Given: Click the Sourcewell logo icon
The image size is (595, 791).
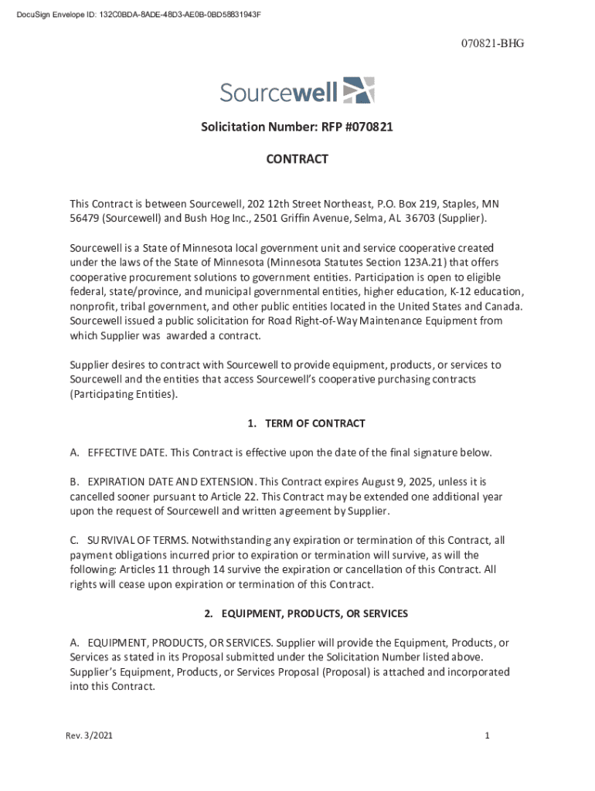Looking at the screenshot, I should [x=358, y=90].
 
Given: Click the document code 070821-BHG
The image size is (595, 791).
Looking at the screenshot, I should [x=495, y=43].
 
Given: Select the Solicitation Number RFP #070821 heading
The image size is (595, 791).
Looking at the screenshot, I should [x=297, y=127].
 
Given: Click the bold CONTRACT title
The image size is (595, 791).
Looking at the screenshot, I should [x=297, y=159].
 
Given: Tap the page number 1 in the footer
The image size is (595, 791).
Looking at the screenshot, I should [x=488, y=736].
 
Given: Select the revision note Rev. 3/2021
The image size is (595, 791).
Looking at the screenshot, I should [x=89, y=736].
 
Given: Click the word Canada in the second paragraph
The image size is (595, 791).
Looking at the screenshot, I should [x=503, y=307].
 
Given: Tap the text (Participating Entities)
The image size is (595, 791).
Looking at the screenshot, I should [x=124, y=394].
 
